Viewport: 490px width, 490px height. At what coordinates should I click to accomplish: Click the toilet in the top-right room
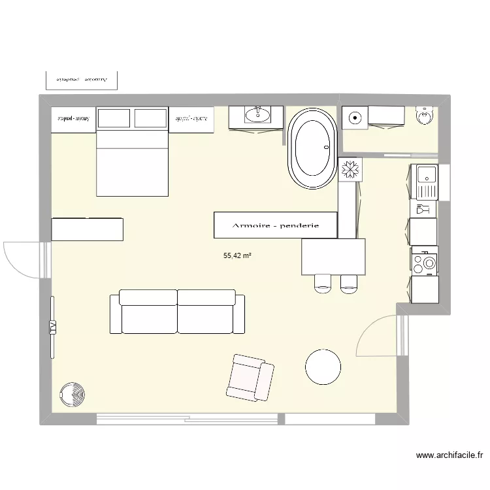425,115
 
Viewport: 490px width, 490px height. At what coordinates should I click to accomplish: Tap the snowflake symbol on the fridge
351,169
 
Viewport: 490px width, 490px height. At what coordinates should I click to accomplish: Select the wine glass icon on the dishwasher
423,209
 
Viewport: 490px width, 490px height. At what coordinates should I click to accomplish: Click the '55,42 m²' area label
238,257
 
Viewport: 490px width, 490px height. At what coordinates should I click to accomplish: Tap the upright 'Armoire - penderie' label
275,225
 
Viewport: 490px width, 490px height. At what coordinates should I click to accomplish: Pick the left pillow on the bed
114,118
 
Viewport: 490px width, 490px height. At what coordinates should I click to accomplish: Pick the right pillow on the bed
150,118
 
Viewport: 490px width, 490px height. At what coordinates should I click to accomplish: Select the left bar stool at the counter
323,283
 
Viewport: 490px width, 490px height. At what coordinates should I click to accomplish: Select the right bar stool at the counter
349,283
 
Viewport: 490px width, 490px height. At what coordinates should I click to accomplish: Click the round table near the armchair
323,367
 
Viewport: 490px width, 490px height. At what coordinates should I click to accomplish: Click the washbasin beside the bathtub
257,116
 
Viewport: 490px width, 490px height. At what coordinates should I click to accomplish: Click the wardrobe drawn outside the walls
82,79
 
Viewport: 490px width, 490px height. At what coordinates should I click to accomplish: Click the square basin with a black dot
354,118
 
